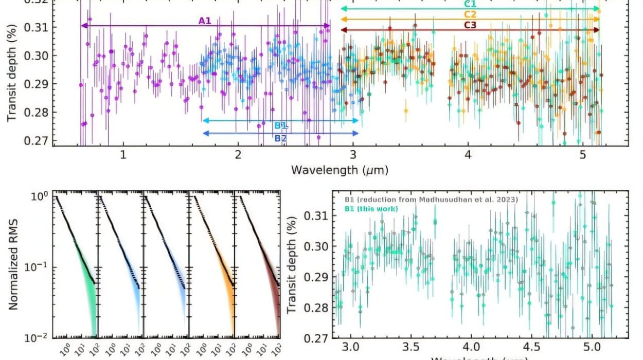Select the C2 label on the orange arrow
tap(471, 14)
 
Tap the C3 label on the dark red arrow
tap(471, 25)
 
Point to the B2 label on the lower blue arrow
tap(280, 138)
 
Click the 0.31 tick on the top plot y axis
tap(38, 27)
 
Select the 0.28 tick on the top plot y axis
tap(38, 113)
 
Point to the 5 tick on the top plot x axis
tap(582, 154)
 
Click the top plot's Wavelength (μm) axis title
tap(340, 169)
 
